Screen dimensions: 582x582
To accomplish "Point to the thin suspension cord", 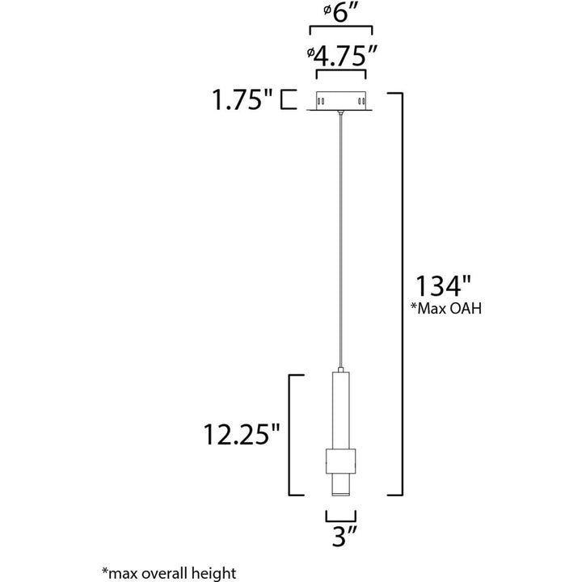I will click(x=340, y=242).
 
